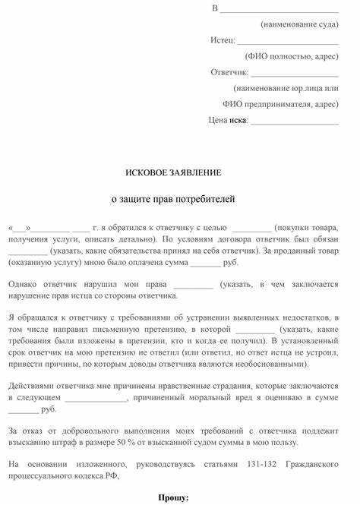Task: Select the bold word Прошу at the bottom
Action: pyautogui.click(x=174, y=497)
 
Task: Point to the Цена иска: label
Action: pyautogui.click(x=228, y=120)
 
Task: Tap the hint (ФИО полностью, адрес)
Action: pyautogui.click(x=291, y=56)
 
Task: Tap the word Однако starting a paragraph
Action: pyautogui.click(x=27, y=284)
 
